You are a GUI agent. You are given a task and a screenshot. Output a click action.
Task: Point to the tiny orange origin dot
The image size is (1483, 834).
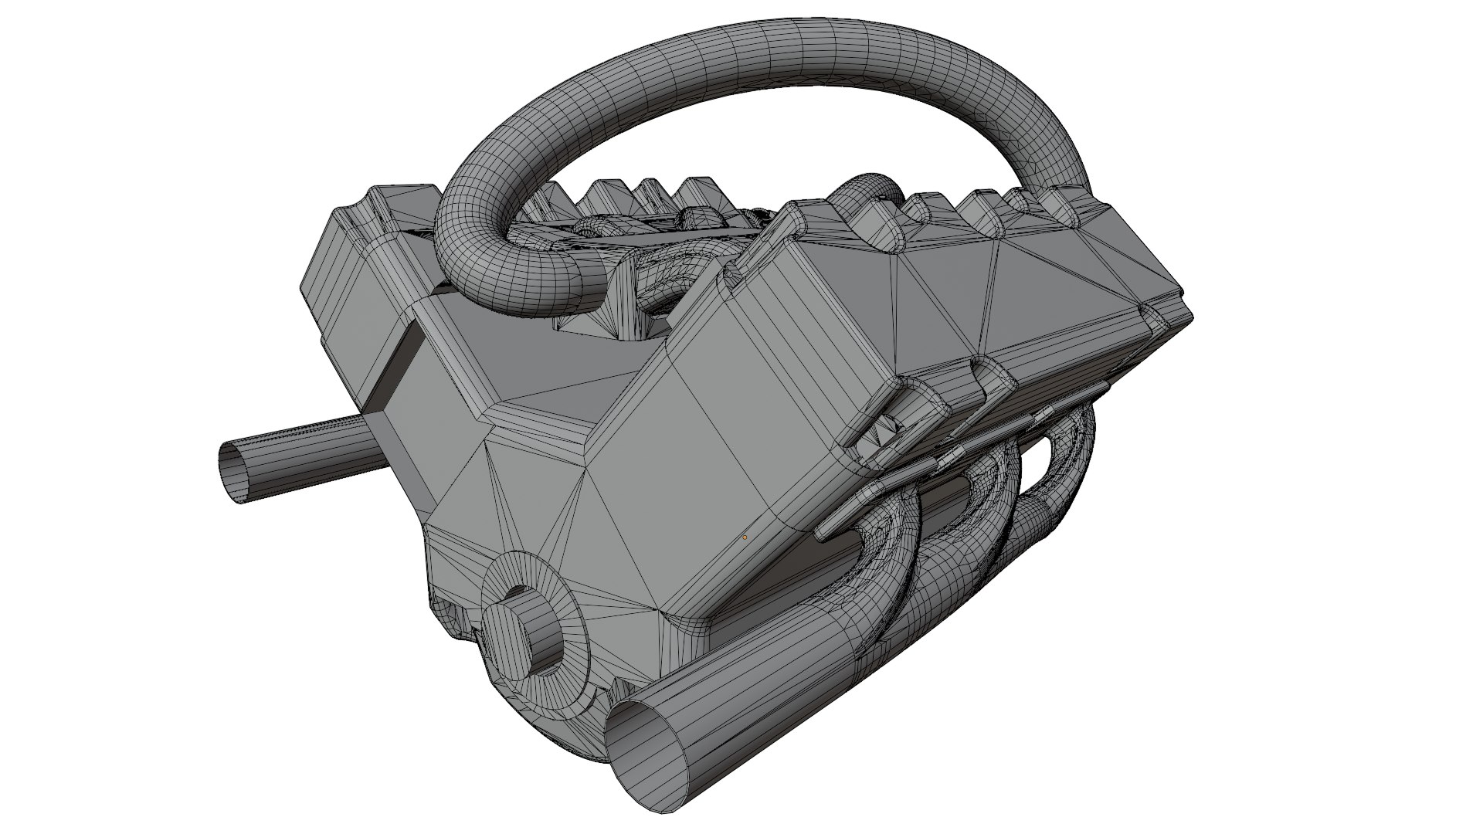[745, 537]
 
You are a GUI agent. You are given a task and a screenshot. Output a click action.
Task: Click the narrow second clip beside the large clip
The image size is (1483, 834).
[996, 386]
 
